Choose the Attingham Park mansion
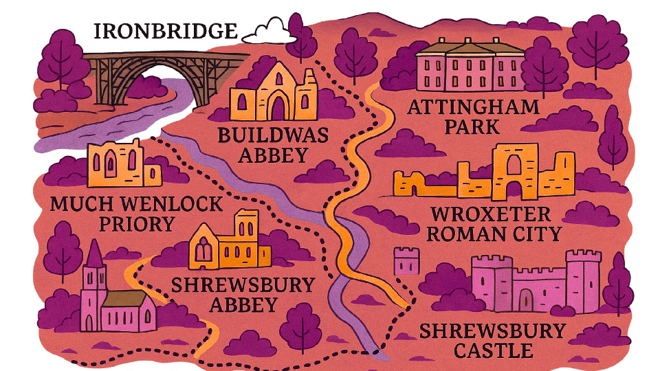pos(470,66)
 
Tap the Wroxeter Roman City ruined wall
pos(485,175)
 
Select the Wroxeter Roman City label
pos(494,224)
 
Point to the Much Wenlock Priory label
pos(137,214)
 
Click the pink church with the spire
pos(113,299)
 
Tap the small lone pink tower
pos(406,262)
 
